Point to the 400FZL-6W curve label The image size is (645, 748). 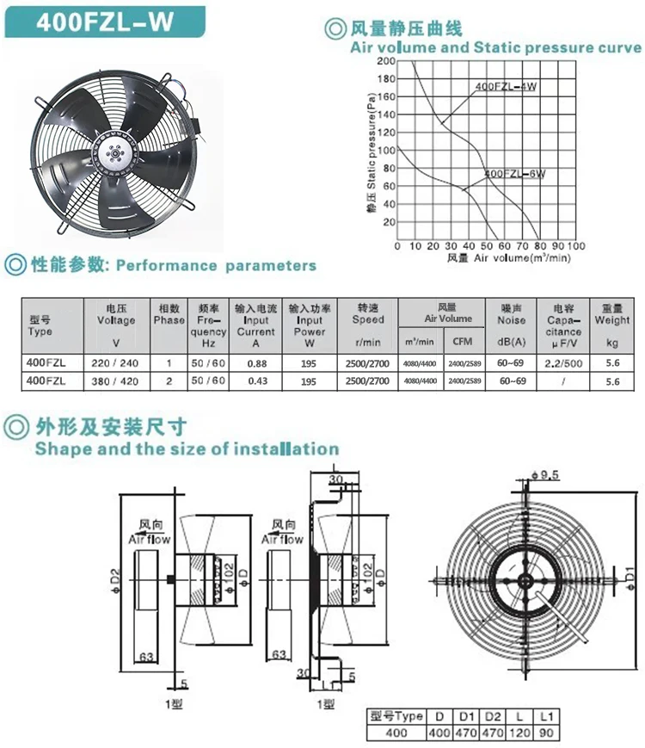(516, 174)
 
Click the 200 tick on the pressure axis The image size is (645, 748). (385, 61)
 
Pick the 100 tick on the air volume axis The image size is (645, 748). (576, 246)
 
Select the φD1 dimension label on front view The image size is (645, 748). (629, 570)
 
